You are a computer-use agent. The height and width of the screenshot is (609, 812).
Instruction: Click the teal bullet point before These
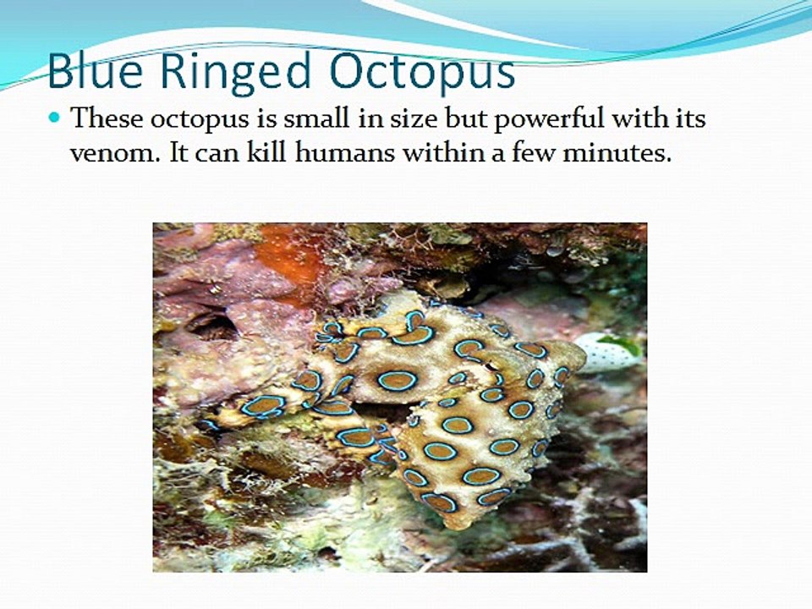57,118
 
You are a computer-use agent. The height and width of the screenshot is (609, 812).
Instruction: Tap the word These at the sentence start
107,118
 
